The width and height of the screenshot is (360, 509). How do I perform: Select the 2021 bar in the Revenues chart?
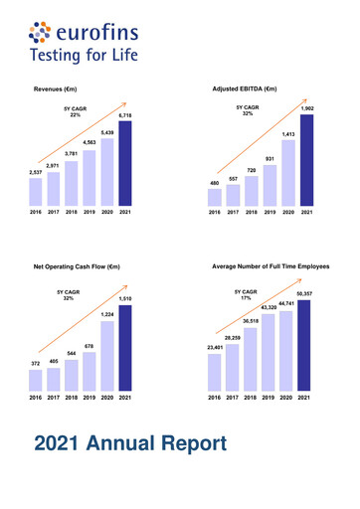pyautogui.click(x=125, y=163)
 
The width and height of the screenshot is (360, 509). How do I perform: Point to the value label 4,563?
pyautogui.click(x=90, y=144)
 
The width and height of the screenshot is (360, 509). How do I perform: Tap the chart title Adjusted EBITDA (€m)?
pyautogui.click(x=245, y=88)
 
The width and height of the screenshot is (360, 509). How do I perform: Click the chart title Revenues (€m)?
pyautogui.click(x=64, y=88)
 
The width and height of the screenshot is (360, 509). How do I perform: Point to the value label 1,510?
pyautogui.click(x=126, y=298)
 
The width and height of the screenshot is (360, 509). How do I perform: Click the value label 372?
pyautogui.click(x=36, y=365)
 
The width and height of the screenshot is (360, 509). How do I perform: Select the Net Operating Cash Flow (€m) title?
pyautogui.click(x=77, y=266)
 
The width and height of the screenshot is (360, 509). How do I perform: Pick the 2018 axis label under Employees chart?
pyautogui.click(x=251, y=397)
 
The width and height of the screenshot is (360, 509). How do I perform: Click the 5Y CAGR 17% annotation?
pyautogui.click(x=246, y=295)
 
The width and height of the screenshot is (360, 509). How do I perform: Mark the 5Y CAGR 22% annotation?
pyautogui.click(x=75, y=111)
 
